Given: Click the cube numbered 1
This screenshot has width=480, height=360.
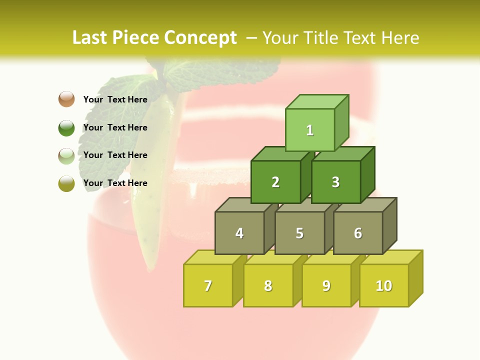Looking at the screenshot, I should [x=310, y=130].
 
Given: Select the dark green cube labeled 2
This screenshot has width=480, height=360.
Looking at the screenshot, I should [x=275, y=182].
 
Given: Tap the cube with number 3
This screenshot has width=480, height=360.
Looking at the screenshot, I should [x=335, y=182].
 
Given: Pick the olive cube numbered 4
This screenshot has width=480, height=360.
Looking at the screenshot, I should [x=239, y=233].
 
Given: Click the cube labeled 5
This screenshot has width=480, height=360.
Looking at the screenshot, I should [x=299, y=233].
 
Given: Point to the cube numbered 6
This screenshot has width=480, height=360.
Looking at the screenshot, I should [x=358, y=233].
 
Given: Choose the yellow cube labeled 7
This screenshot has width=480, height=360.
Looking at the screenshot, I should [x=208, y=285].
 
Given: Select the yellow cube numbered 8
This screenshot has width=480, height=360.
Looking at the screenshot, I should [x=268, y=285].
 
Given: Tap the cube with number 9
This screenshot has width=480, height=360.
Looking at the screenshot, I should [x=326, y=285].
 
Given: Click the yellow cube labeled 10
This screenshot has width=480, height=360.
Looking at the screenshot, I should [x=384, y=285].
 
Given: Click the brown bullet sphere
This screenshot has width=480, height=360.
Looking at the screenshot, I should [x=66, y=99].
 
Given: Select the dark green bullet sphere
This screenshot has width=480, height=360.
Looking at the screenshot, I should [x=66, y=127].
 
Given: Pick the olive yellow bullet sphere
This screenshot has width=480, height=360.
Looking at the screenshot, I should [x=66, y=183].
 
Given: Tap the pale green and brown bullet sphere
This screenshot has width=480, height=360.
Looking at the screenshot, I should [x=66, y=155].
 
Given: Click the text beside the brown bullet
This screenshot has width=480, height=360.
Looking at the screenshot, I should [x=115, y=99].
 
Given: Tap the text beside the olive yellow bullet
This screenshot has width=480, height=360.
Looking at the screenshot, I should [x=115, y=183].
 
